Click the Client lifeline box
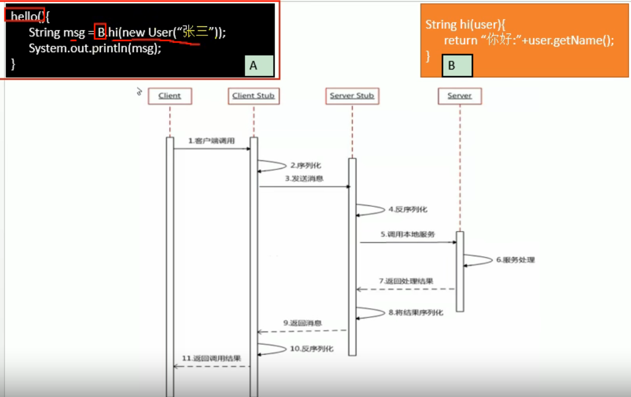(170, 96)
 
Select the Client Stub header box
(254, 96)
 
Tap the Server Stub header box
(352, 96)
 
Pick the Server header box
(460, 96)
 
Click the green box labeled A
(259, 65)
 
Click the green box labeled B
(457, 65)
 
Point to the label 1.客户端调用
(211, 141)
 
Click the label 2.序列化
(306, 165)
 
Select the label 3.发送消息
(304, 178)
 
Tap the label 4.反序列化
(408, 209)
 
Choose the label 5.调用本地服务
(408, 234)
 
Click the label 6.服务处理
(515, 260)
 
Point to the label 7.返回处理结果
(406, 281)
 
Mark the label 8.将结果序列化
(415, 312)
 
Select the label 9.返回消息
(302, 323)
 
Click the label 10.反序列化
(311, 349)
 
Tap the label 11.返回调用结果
(211, 358)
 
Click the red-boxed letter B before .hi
(100, 31)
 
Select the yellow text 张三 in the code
(195, 31)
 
